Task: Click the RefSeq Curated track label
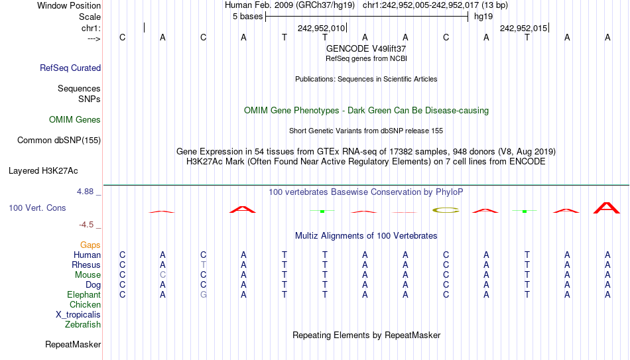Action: tap(70, 68)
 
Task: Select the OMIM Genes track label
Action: tap(75, 120)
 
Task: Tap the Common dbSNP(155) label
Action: tap(59, 141)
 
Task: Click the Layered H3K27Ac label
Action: tap(43, 171)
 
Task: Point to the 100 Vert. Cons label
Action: tap(37, 208)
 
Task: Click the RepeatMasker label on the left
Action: tap(73, 344)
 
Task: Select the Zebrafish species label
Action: tap(83, 324)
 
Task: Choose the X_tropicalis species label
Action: tap(78, 315)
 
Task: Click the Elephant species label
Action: tap(84, 294)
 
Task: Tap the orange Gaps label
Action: tap(90, 245)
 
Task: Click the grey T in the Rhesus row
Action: tap(204, 265)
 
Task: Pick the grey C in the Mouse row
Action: tap(162, 275)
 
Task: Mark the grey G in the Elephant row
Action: tap(204, 294)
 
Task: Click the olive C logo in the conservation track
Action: tap(446, 210)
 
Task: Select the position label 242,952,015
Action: tap(523, 28)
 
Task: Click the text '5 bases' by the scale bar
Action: tap(247, 17)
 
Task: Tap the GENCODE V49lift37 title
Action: tap(366, 48)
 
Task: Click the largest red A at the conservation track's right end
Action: tap(607, 208)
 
